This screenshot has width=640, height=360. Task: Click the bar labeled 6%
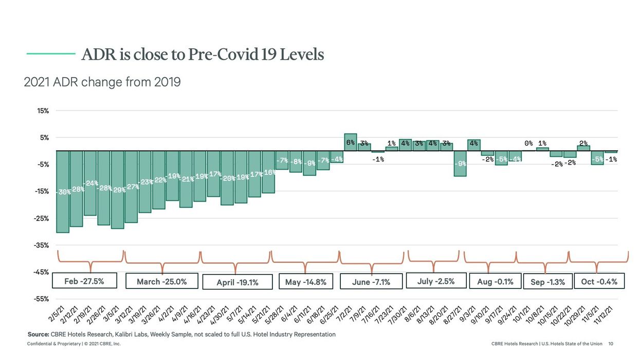click(x=351, y=142)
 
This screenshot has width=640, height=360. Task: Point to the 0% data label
click(x=528, y=143)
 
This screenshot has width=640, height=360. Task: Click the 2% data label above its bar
click(x=583, y=143)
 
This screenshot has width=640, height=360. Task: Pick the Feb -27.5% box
click(x=84, y=281)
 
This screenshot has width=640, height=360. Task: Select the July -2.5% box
click(x=436, y=281)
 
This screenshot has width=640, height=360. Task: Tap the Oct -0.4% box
click(x=599, y=281)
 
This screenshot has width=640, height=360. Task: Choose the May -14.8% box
click(x=305, y=282)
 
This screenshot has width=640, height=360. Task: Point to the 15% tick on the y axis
click(x=42, y=111)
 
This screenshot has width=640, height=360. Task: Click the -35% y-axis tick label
click(x=41, y=245)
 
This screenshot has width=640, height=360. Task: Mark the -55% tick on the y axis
click(x=41, y=299)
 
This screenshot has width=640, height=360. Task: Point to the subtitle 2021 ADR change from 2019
click(x=102, y=82)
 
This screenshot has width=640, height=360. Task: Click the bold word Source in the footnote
click(x=38, y=334)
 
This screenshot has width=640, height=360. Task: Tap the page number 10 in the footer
click(x=611, y=344)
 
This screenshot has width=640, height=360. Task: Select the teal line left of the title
click(x=51, y=52)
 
